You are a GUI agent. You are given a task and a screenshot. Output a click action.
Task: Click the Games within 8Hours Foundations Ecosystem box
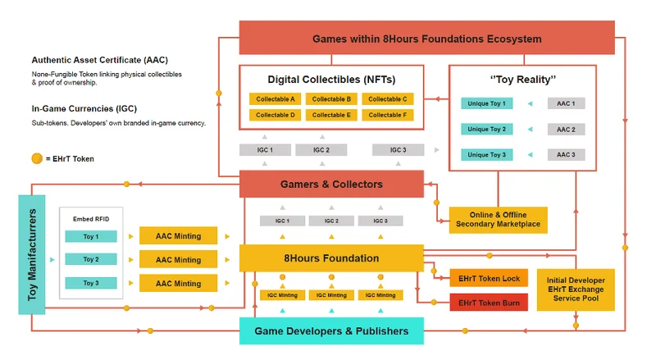click(426, 39)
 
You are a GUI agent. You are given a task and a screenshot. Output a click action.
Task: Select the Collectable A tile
click(275, 99)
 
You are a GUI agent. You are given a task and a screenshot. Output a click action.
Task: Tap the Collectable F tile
click(388, 116)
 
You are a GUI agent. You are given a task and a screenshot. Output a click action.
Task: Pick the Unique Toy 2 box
click(487, 130)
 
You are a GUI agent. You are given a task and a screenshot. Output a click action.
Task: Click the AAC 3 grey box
click(566, 155)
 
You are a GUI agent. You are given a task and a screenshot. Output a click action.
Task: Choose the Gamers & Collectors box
click(331, 185)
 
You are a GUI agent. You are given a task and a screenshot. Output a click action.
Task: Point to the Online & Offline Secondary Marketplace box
click(498, 220)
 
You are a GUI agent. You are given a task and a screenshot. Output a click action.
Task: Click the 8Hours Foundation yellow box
click(331, 258)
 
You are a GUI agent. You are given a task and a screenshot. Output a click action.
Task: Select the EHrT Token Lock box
click(489, 279)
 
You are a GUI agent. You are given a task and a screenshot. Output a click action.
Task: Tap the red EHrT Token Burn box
click(489, 303)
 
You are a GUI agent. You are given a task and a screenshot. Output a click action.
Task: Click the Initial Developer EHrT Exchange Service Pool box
click(575, 289)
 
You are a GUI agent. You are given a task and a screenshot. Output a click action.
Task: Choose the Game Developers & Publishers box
click(331, 331)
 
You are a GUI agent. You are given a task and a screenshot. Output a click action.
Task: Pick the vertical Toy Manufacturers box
click(32, 254)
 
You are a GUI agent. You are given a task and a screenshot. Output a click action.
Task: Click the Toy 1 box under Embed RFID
click(91, 237)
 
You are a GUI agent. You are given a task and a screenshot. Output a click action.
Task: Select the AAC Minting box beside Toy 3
click(178, 284)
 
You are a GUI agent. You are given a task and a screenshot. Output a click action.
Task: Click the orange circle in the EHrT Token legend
click(37, 158)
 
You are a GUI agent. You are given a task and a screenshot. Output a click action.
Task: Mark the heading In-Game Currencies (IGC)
click(85, 109)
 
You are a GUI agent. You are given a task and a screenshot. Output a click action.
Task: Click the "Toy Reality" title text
click(522, 80)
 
